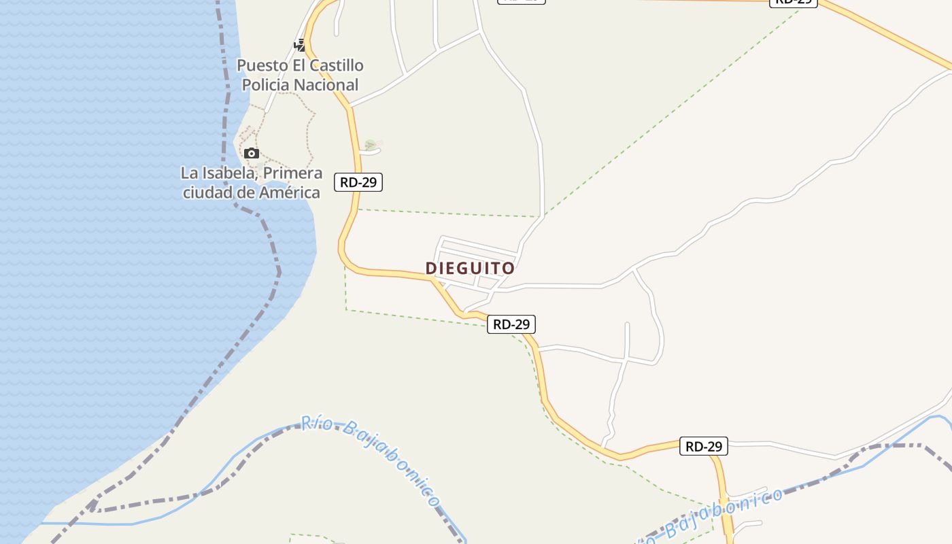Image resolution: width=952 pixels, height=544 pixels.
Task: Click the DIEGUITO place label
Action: click(470, 269)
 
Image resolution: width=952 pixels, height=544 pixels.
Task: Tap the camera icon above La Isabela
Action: click(252, 153)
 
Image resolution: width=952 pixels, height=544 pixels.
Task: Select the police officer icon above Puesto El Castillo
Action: click(300, 45)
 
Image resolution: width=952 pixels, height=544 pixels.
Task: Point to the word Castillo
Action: click(337, 66)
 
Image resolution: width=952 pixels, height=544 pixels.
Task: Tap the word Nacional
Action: click(327, 85)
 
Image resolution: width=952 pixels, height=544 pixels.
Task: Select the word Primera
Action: click(292, 173)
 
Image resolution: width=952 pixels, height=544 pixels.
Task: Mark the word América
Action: click(290, 192)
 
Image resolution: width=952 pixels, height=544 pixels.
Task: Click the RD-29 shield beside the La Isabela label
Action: click(358, 182)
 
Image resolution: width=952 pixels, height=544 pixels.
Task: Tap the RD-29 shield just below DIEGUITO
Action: click(511, 324)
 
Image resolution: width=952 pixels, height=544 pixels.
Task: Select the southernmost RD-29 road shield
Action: click(704, 446)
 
